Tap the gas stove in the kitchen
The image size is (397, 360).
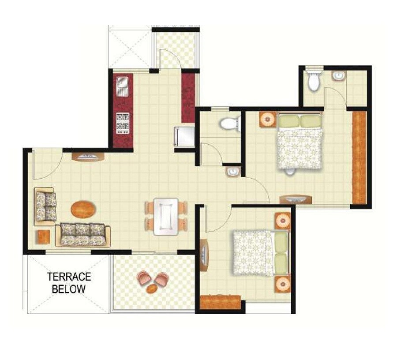click(123, 123)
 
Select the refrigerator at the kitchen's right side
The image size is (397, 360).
click(184, 136)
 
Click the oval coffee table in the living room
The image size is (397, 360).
click(82, 209)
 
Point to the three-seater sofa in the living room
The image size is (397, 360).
click(82, 234)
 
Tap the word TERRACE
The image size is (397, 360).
click(69, 277)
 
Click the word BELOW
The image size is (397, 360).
click(69, 289)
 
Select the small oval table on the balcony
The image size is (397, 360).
click(151, 289)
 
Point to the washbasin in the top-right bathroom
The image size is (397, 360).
click(338, 76)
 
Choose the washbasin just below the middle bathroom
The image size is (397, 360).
click(232, 172)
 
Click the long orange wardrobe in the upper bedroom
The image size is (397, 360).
click(360, 157)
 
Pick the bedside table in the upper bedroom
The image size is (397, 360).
click(268, 120)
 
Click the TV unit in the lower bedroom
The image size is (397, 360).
click(204, 255)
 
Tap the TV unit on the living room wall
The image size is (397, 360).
click(88, 157)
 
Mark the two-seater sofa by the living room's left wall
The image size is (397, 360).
click(46, 206)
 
